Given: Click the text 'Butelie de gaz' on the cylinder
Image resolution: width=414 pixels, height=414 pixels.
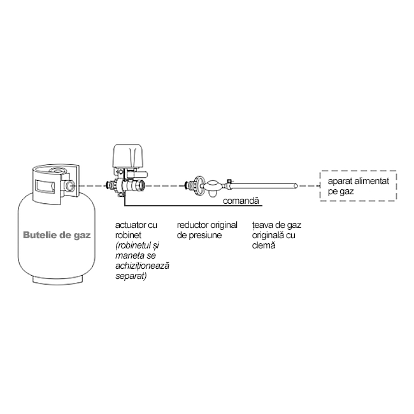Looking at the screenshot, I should click(x=57, y=234).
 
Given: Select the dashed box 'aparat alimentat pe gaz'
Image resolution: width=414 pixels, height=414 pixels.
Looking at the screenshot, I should click(x=358, y=186).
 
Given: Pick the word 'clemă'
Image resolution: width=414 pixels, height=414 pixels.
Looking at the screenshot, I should click(x=264, y=245).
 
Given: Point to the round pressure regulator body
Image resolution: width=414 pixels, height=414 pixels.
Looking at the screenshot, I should click(x=199, y=186).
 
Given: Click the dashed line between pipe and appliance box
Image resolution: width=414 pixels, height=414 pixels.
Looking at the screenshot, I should click(x=308, y=186).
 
